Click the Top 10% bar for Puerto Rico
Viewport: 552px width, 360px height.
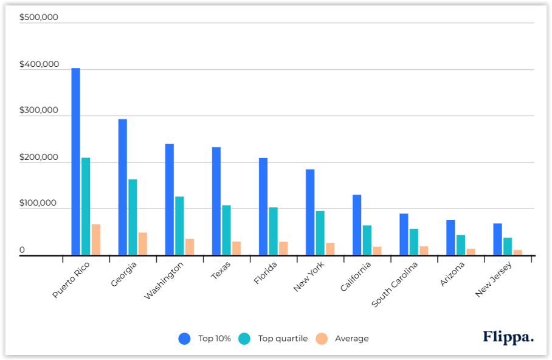coord(75,162)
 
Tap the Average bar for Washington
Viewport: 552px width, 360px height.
coord(190,247)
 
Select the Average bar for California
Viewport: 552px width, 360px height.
coord(377,251)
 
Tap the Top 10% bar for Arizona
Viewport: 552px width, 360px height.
coord(450,238)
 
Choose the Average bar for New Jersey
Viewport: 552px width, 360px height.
coord(517,252)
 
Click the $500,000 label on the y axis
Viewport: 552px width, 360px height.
coord(39,17)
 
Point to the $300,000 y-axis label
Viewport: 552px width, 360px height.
coord(39,111)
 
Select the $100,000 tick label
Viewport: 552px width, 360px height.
coord(39,204)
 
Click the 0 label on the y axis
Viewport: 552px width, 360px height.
coord(22,250)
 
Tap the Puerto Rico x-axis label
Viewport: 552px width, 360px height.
coord(72,279)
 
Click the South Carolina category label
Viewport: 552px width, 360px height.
coord(396,284)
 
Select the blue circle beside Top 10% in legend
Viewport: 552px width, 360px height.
coord(185,339)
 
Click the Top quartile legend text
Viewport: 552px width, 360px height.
coord(283,339)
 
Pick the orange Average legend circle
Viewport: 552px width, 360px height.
coord(322,339)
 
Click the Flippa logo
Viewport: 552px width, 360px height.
coord(508,337)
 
